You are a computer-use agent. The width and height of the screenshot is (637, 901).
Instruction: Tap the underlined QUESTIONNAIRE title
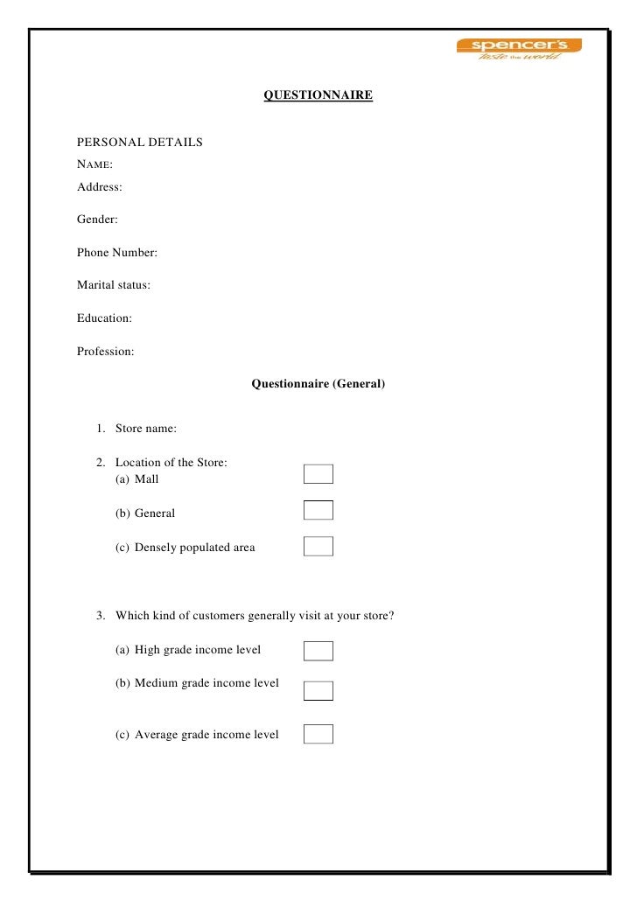tap(318, 94)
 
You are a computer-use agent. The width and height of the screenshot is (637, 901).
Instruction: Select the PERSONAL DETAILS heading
tap(140, 142)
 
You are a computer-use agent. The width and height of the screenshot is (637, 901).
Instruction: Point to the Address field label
tap(100, 187)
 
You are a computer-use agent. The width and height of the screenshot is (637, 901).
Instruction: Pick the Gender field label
tap(97, 220)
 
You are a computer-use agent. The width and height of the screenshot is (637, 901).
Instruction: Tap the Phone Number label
tap(117, 253)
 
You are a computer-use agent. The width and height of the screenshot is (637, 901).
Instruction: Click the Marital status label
tap(114, 285)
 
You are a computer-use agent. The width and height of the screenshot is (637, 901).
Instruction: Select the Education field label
tap(104, 318)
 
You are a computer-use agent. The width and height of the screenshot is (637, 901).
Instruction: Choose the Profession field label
tap(106, 352)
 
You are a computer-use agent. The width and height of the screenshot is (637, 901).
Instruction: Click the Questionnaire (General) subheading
tap(318, 383)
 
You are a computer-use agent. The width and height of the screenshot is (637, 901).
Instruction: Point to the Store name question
tap(145, 429)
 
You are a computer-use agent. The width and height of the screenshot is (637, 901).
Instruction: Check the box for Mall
tap(318, 474)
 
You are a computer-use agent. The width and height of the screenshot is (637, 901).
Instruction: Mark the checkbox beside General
tap(318, 511)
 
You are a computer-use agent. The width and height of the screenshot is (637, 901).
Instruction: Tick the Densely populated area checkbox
tap(318, 547)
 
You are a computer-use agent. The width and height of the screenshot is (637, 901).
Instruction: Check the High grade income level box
tap(318, 651)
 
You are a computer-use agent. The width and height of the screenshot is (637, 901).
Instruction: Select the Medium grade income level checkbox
tap(318, 691)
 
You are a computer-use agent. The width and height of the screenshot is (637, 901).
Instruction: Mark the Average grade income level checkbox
tap(318, 734)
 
